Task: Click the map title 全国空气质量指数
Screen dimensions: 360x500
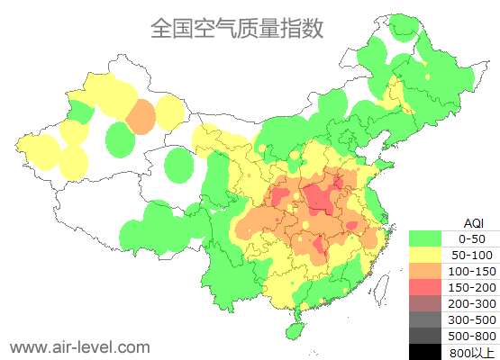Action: [237, 28]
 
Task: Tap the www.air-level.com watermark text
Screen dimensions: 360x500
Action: [79, 346]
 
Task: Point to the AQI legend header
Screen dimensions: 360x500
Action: [472, 222]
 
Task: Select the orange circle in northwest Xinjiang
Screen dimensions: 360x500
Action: [141, 117]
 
